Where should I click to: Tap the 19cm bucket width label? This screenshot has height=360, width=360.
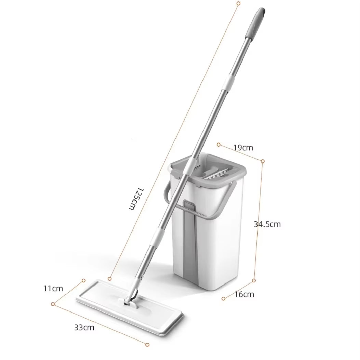(x=243, y=148)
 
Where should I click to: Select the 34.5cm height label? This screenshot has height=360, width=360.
(x=267, y=224)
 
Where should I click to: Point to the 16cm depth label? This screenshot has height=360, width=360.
(x=244, y=294)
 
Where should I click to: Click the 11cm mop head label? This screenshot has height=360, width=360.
(x=53, y=288)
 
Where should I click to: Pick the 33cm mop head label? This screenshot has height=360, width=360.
(x=84, y=328)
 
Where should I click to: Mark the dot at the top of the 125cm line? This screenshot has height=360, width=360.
(x=238, y=3)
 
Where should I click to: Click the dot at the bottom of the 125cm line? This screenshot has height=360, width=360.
(x=109, y=279)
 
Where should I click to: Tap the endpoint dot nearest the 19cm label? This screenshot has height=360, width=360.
(x=219, y=145)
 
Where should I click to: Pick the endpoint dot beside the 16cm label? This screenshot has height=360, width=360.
(x=223, y=298)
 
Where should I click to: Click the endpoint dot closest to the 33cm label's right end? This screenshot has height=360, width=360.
(x=147, y=344)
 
